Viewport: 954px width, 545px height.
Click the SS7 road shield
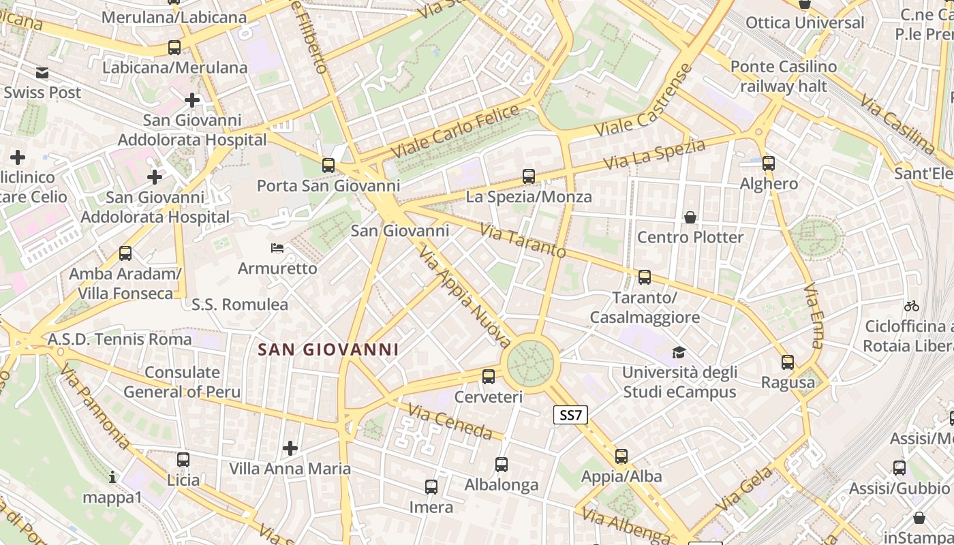pyautogui.click(x=570, y=415)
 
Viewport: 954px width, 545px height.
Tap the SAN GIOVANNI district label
pyautogui.click(x=328, y=350)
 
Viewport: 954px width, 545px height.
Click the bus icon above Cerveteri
pyautogui.click(x=488, y=376)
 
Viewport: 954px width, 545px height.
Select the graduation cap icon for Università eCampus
pyautogui.click(x=679, y=352)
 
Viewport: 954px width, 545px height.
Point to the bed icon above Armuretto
pyautogui.click(x=277, y=247)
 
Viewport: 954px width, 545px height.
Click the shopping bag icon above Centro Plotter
pyautogui.click(x=690, y=217)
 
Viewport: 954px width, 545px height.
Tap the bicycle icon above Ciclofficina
pyautogui.click(x=911, y=306)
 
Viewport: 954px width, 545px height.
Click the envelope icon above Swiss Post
pyautogui.click(x=42, y=72)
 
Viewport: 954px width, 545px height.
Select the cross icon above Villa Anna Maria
pyautogui.click(x=290, y=448)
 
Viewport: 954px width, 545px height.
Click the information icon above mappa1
pyautogui.click(x=112, y=477)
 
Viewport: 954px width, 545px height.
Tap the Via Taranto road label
pyautogui.click(x=523, y=240)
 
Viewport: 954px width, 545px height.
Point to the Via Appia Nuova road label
pyautogui.click(x=465, y=296)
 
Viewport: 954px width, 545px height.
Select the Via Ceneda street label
pyautogui.click(x=450, y=421)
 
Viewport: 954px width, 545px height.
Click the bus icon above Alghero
pyautogui.click(x=769, y=163)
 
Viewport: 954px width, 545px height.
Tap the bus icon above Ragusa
pyautogui.click(x=788, y=362)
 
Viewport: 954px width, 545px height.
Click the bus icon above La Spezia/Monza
pyautogui.click(x=529, y=176)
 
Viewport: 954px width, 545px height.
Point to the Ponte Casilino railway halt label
pyautogui.click(x=783, y=76)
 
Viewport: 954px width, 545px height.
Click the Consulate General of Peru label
pyautogui.click(x=182, y=381)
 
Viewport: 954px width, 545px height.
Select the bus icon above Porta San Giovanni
pyautogui.click(x=328, y=165)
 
